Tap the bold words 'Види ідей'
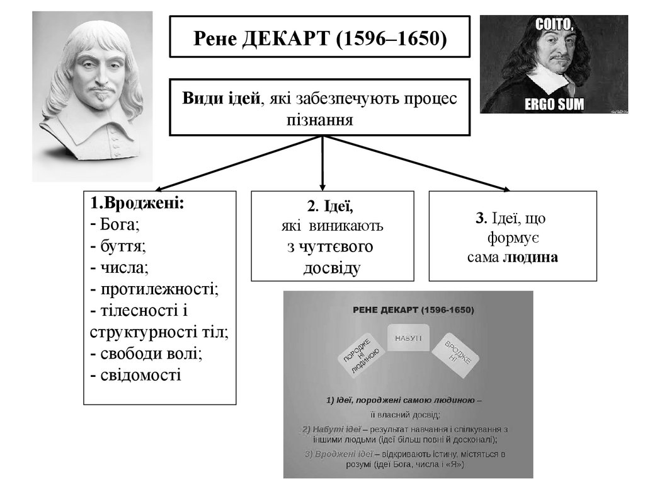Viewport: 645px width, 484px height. click(220, 98)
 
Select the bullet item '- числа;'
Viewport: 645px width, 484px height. click(119, 267)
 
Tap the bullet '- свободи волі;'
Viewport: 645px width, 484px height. click(146, 353)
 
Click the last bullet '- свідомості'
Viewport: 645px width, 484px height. click(135, 374)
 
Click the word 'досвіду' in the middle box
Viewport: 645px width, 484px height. click(332, 268)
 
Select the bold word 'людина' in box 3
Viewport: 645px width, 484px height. click(530, 257)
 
